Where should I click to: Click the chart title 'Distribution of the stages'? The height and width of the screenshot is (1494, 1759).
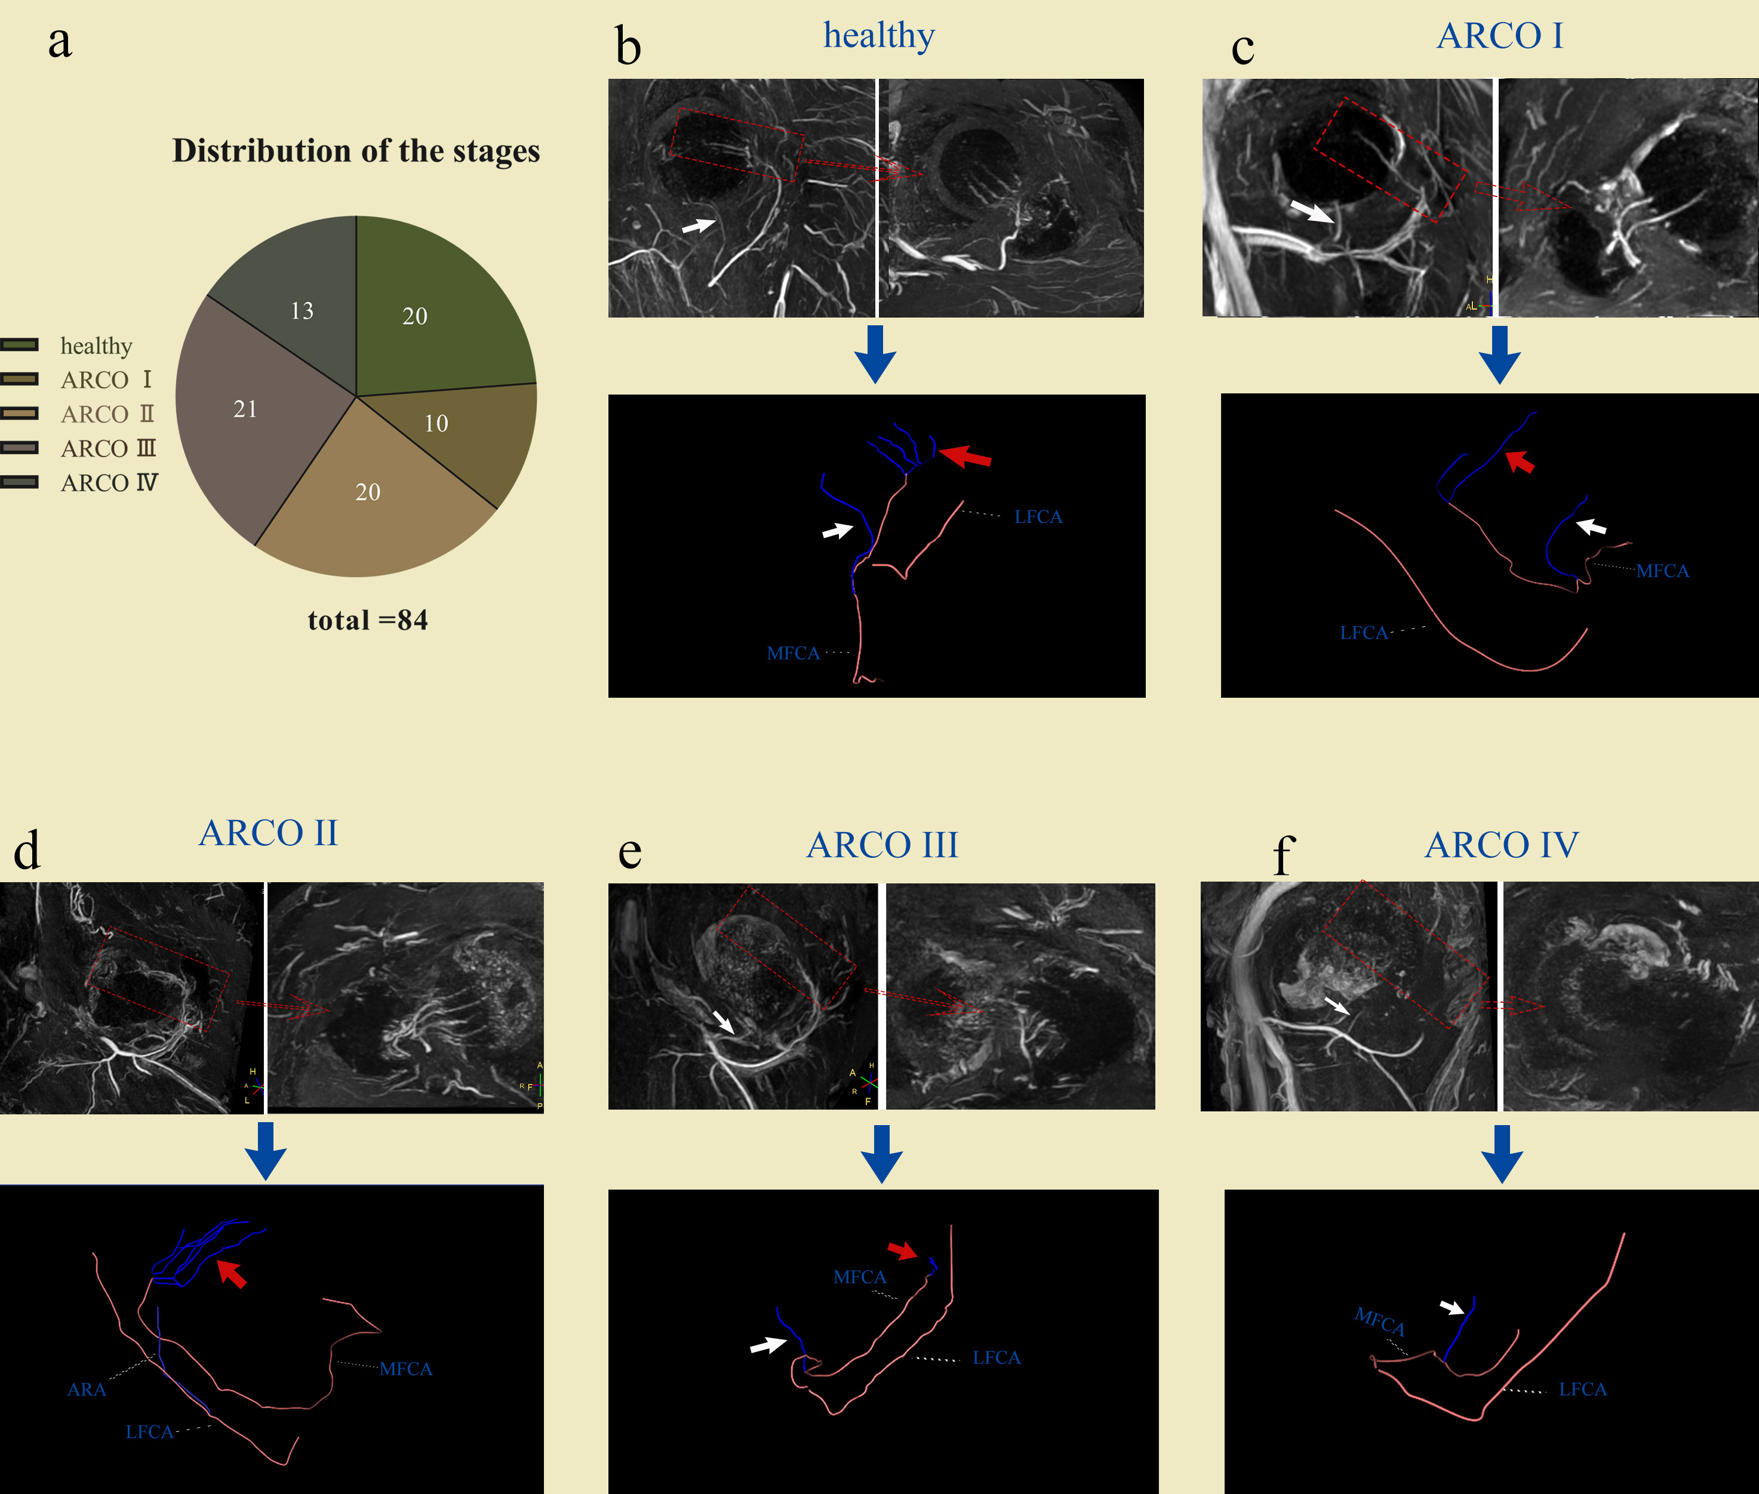(x=356, y=151)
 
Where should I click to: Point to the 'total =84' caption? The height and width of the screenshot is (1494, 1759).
(x=368, y=620)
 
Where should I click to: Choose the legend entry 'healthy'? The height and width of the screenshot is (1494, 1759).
(x=96, y=346)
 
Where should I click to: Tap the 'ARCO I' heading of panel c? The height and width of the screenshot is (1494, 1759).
(x=1500, y=36)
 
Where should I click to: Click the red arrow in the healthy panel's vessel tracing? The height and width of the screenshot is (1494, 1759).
(x=966, y=457)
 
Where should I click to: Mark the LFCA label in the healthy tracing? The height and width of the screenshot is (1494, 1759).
(x=1038, y=517)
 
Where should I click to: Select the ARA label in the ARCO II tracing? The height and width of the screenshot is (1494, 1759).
(x=87, y=1390)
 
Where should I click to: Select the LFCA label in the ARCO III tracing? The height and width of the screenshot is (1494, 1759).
(x=997, y=1358)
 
